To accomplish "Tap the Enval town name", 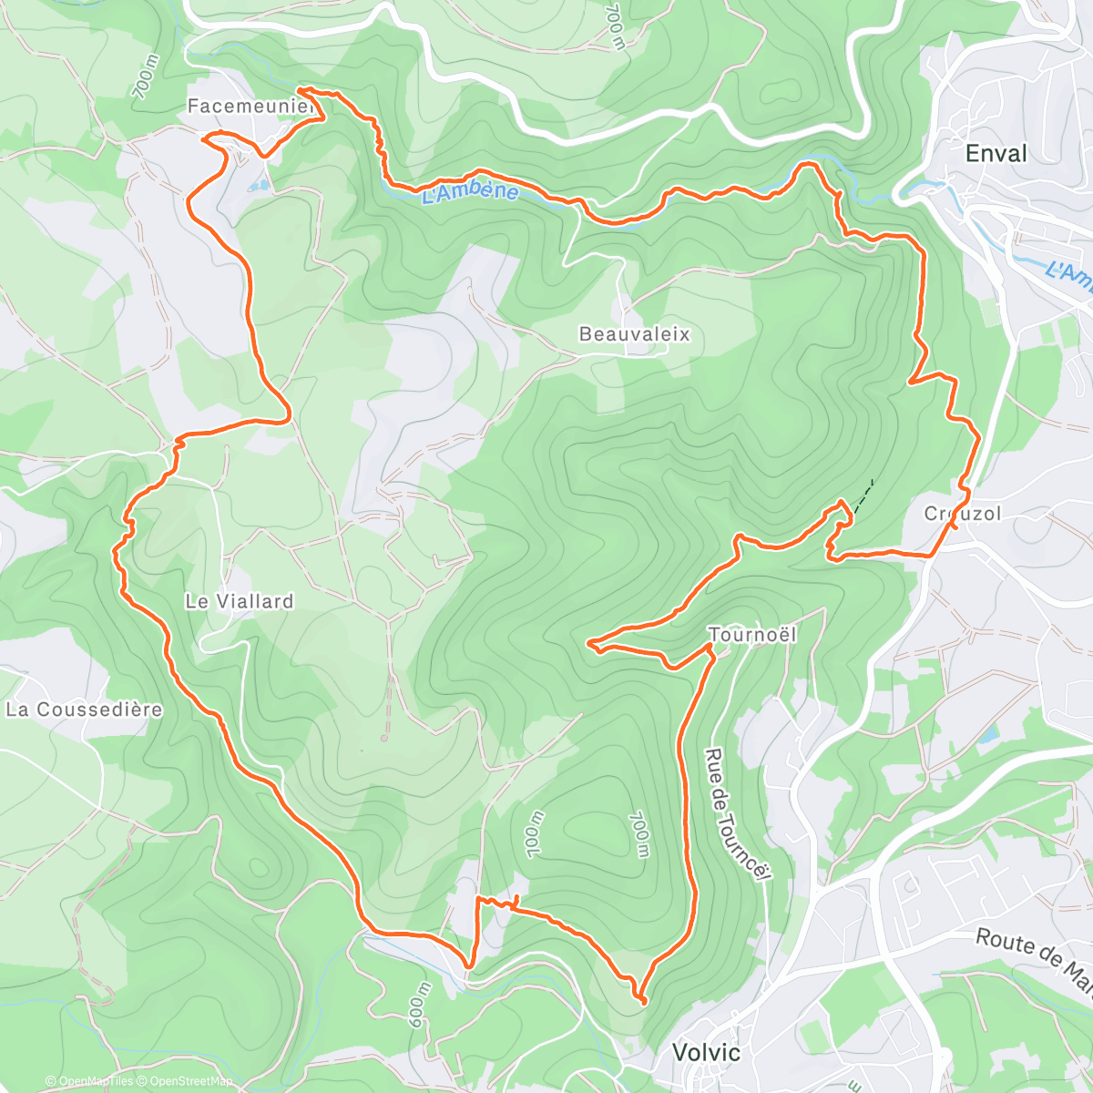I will coord(996,154).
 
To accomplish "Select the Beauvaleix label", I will coord(635,334).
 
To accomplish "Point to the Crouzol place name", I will coord(963,514).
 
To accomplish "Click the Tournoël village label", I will coord(752,634).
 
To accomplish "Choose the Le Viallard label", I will coord(240,601).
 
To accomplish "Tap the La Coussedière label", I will coord(84,710).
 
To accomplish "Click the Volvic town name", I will coord(706,1052).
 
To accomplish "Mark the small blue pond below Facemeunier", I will coord(256,186).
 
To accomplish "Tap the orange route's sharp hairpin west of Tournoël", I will coord(590,644).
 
